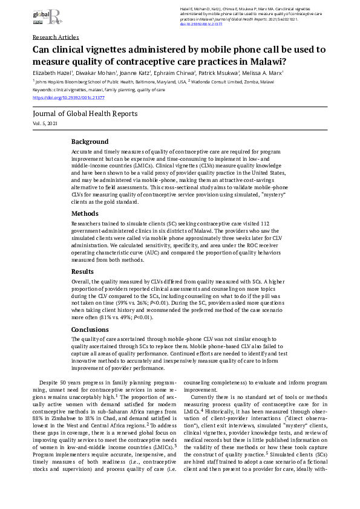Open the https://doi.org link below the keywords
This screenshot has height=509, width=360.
[x=68, y=97]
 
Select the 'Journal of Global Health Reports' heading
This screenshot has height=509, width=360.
[x=85, y=114]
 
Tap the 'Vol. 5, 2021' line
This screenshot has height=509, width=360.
[x=45, y=123]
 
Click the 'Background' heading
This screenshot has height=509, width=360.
[x=90, y=142]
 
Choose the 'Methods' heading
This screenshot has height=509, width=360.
[x=85, y=213]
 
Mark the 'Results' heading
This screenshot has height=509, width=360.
[x=83, y=272]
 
